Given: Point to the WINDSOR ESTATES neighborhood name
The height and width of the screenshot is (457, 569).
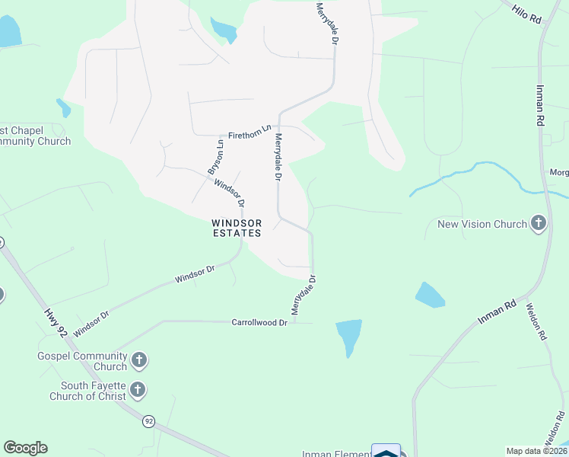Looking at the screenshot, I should [237, 228].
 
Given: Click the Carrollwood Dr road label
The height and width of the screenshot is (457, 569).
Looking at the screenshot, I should [259, 323].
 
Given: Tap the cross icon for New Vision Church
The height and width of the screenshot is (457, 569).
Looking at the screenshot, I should [539, 224].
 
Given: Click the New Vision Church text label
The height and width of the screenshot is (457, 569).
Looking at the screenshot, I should [482, 225].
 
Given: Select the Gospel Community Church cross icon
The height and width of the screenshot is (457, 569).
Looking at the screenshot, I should [138, 360].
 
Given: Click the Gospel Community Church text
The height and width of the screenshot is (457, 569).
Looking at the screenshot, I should [83, 361].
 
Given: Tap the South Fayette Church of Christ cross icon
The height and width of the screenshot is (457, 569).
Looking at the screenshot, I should [138, 391].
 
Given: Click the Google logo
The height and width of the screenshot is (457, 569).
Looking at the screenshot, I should [25, 448].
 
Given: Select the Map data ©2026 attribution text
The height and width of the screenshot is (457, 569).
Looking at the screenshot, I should [536, 451].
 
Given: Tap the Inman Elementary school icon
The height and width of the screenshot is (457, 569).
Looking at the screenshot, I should [386, 452].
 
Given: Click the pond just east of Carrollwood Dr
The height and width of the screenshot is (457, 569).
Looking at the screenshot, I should [348, 335].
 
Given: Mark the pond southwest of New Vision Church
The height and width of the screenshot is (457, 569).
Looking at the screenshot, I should [429, 295].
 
